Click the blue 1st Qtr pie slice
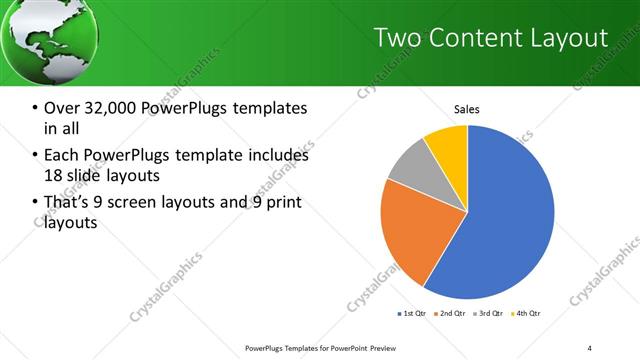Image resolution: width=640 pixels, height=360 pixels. pyautogui.click(x=510, y=220)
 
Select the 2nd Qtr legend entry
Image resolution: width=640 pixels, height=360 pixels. pyautogui.click(x=450, y=314)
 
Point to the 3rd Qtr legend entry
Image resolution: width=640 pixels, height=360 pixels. pyautogui.click(x=489, y=314)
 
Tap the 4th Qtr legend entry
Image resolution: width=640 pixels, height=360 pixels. pyautogui.click(x=527, y=314)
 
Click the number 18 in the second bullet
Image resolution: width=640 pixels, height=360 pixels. pyautogui.click(x=54, y=176)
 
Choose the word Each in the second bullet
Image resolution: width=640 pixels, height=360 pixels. pyautogui.click(x=61, y=155)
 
